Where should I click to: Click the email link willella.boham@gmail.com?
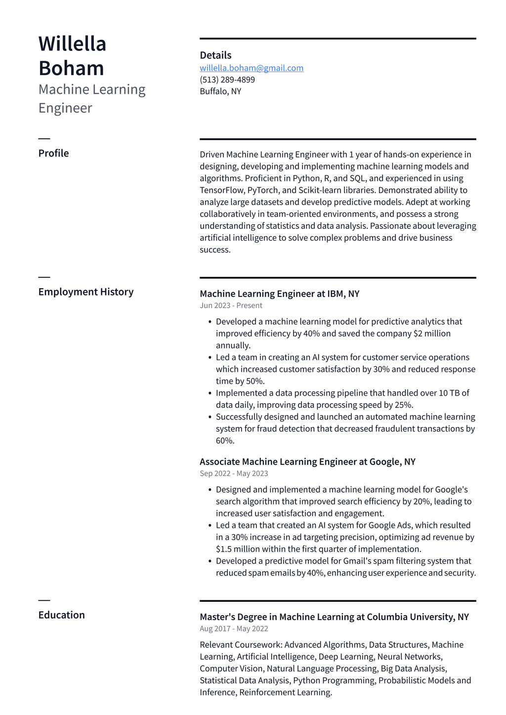coord(252,68)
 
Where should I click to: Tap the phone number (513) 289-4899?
coord(227,80)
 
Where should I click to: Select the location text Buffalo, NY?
coord(220,91)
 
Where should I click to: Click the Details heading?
coord(215,55)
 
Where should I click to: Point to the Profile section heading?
coord(53,153)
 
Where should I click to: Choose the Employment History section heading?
coord(86,292)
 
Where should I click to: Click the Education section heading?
coord(62,615)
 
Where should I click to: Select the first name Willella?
coord(73,44)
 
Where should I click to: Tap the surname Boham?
coord(71,68)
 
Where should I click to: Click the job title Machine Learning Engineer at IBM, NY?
coord(280,294)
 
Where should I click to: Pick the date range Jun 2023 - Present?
coord(231,306)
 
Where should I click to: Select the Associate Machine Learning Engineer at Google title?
coord(307,462)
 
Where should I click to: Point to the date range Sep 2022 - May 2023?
coord(234,474)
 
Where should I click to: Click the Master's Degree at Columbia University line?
coord(334,617)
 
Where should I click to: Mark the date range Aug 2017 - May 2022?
coord(234,629)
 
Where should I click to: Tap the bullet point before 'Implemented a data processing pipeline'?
coord(211,393)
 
